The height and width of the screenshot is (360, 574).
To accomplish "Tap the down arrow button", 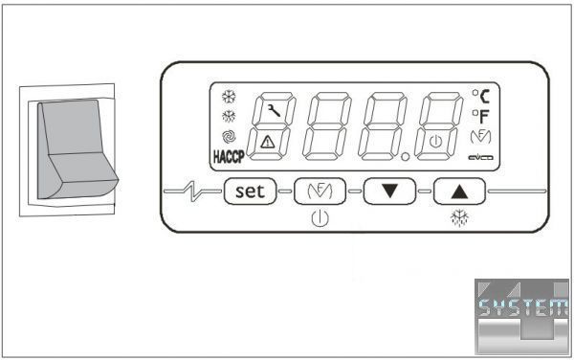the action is pos(389,191).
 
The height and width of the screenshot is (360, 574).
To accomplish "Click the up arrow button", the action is pos(459,191).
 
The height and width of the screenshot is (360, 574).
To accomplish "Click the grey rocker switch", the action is pos(77,149).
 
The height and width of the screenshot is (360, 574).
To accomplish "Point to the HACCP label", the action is pos(229,157).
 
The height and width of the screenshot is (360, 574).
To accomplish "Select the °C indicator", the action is pos(480,97).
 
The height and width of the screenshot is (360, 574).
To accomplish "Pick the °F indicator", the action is pos(480,117).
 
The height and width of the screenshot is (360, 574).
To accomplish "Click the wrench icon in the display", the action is pos(274,110).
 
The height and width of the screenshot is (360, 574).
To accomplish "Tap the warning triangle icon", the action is pos(268,142).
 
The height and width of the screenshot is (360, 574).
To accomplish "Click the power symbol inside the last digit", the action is pos(435,142).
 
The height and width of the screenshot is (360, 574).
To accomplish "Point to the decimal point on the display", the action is pos(405,157).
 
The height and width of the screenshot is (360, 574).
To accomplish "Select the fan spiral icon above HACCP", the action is pos(229,137).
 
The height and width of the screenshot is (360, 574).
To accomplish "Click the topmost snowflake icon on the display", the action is pos(229,97).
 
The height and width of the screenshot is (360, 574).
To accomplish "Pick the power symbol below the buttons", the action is pos(320,219).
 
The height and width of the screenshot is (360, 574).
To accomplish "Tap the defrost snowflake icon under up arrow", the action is pos(459,218).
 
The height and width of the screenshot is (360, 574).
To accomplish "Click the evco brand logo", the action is pos(480,158).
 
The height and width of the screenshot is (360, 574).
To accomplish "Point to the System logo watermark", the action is pos(522,316).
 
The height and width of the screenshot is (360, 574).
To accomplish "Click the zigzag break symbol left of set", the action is pos(193,191).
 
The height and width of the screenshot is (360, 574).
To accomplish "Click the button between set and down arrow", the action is pos(320,191).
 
